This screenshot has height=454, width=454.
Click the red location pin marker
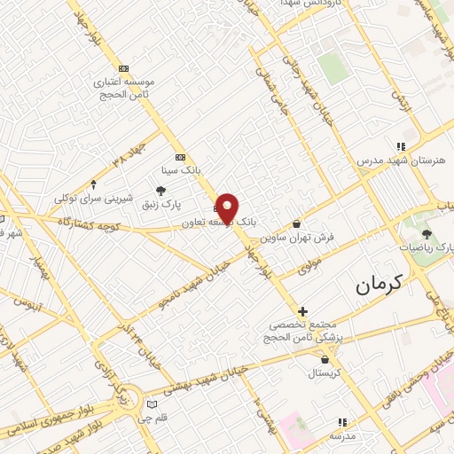[227, 207]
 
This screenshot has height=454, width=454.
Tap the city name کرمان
[379, 284]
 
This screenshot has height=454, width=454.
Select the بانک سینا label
[179, 168]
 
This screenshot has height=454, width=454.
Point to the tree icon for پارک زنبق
[160, 191]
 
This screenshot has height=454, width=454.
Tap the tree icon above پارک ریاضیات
[427, 234]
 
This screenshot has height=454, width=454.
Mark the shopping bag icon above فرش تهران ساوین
[295, 225]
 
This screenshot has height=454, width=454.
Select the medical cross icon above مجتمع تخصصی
[303, 311]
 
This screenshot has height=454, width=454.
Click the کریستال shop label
[326, 373]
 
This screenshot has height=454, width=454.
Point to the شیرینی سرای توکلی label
[95, 199]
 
